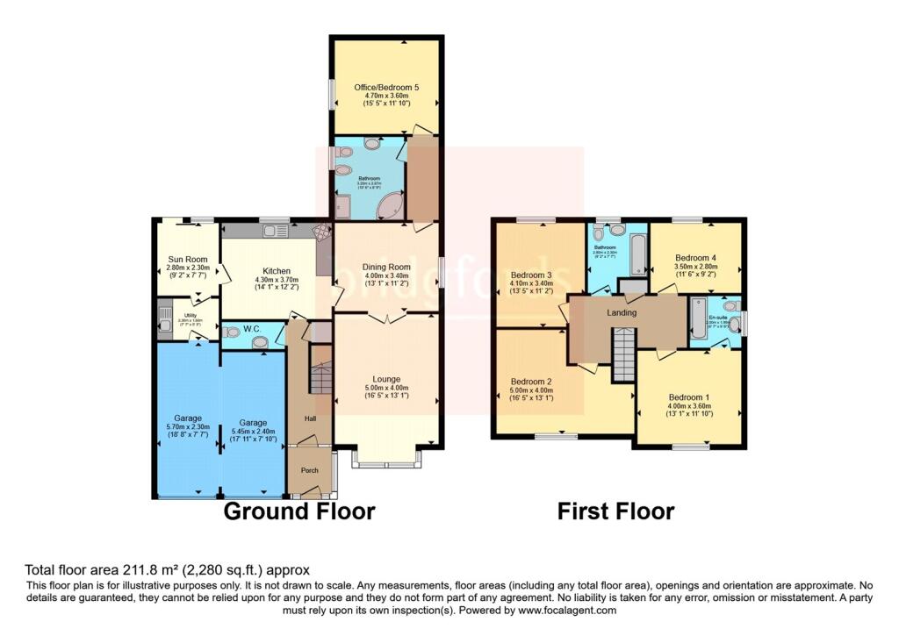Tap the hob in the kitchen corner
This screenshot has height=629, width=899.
[322, 230]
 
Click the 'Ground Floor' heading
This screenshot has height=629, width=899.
[299, 511]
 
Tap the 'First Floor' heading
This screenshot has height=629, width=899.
[615, 511]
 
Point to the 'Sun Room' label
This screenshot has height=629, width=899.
[187, 260]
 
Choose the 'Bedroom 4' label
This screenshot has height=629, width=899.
[696, 258]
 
